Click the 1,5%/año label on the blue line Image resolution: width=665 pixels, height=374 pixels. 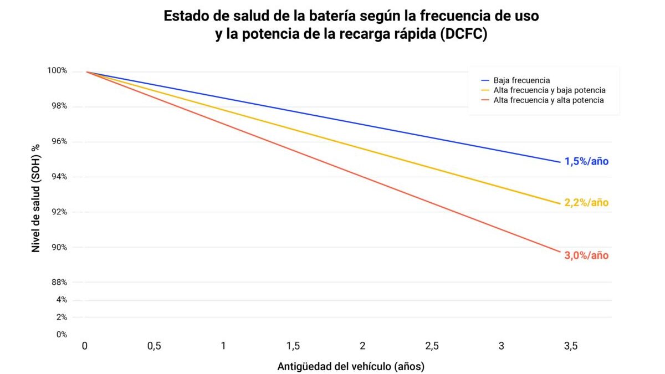click(x=586, y=162)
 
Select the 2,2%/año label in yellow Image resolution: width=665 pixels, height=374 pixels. click(x=586, y=203)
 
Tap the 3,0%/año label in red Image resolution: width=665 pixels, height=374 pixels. click(x=586, y=255)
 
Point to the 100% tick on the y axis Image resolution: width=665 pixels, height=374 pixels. click(x=58, y=71)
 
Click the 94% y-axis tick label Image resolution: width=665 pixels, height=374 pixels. click(x=59, y=177)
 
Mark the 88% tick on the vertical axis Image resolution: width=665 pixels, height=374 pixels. click(x=59, y=283)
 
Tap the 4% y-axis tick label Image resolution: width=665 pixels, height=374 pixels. click(x=62, y=300)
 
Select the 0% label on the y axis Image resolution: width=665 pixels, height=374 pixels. click(x=62, y=334)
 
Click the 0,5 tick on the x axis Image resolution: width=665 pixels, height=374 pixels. click(x=154, y=346)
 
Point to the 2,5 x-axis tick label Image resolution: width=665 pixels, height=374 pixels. click(x=432, y=346)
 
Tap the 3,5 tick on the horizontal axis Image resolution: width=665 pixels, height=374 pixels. click(x=571, y=346)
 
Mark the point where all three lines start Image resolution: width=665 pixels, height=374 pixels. click(x=86, y=71)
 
